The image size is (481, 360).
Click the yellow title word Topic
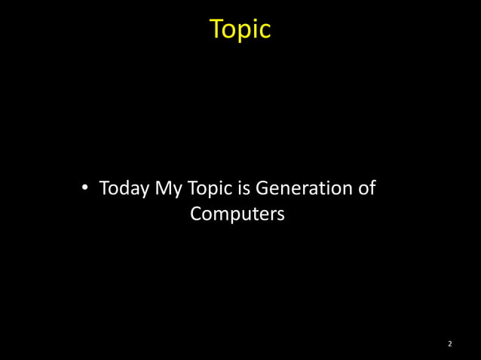[x=240, y=29]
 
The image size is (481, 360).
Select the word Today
[x=124, y=188]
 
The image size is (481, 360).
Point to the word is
[x=247, y=188]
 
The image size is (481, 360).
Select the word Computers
[x=237, y=214]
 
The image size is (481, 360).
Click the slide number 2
[x=449, y=344]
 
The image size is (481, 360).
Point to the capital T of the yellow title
[x=216, y=29]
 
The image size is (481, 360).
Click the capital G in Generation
[x=265, y=188]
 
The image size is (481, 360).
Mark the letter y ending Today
[x=145, y=191]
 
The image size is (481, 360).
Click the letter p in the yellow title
[x=244, y=32]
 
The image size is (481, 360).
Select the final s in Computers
[x=280, y=215]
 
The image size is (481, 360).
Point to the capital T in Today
[x=104, y=188]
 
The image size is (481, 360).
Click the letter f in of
[x=372, y=187]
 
